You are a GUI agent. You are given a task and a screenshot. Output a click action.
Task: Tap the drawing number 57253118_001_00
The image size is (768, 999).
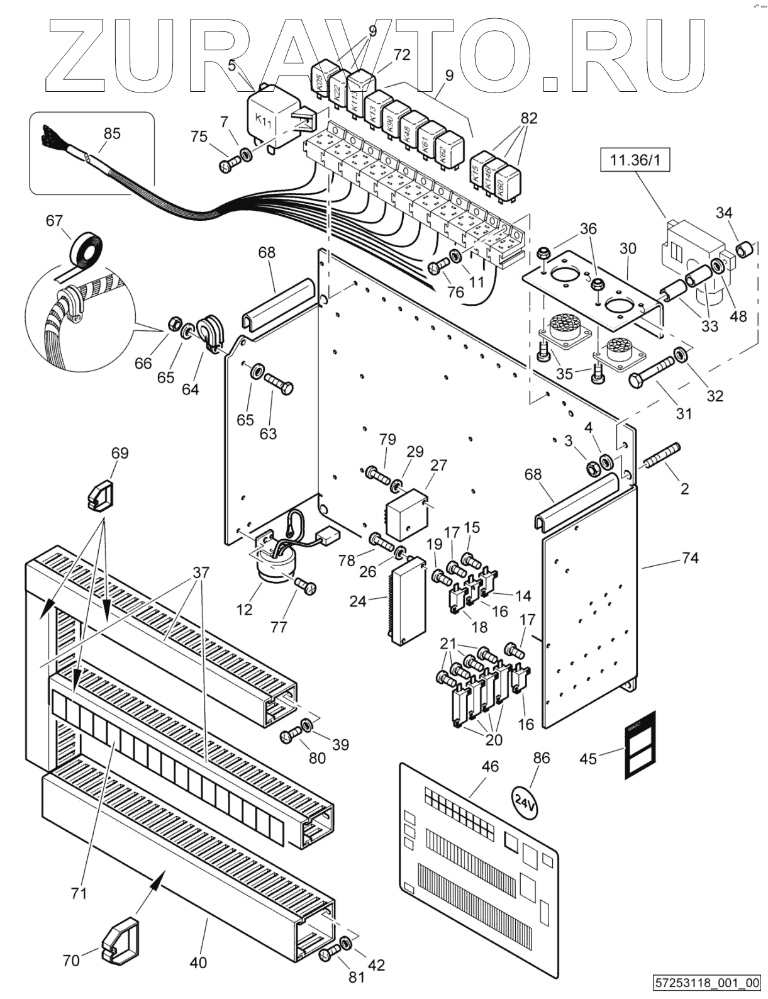(x=708, y=983)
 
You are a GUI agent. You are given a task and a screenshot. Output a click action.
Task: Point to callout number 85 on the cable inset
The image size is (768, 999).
(x=112, y=134)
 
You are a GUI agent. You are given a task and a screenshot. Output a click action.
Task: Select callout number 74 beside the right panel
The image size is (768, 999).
(x=690, y=558)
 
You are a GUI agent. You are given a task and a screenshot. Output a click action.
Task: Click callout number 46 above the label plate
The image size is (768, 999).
(x=489, y=766)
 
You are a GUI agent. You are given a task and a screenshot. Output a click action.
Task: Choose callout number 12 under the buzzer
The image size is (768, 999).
(x=244, y=609)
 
